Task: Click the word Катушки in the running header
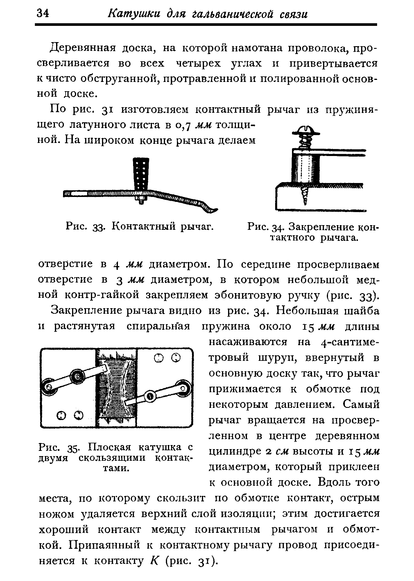[132, 14]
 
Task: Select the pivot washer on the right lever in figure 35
[150, 396]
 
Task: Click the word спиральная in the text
[158, 326]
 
